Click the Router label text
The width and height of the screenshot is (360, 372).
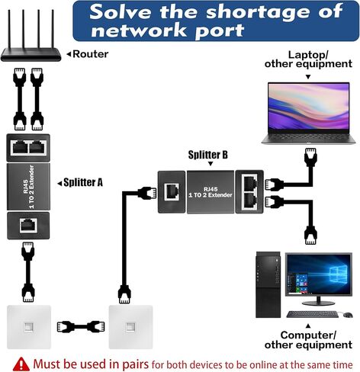click(91, 54)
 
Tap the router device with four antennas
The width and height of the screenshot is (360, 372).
click(31, 36)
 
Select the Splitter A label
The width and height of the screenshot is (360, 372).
click(83, 182)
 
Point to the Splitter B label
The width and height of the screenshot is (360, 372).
click(207, 155)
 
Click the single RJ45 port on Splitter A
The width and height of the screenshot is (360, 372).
click(28, 226)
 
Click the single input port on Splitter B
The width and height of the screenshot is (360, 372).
click(172, 191)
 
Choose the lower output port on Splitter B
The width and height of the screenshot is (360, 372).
click(250, 200)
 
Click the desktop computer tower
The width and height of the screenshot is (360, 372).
click(268, 284)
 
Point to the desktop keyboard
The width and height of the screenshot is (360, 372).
click(313, 314)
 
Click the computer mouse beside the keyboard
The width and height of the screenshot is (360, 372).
click(348, 315)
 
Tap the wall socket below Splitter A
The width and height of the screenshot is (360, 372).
click(29, 327)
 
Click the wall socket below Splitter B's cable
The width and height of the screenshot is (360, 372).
click(130, 327)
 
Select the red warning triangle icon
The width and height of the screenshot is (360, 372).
click(21, 364)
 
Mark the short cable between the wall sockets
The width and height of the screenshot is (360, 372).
click(81, 327)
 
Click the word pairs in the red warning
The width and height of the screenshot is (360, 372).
click(135, 364)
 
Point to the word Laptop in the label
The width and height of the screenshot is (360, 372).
click(307, 54)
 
